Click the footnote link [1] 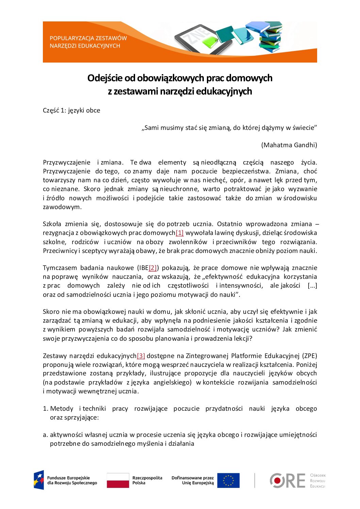[179, 233]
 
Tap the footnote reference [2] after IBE [153, 268]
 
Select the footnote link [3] [141, 356]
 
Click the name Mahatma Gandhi [289, 145]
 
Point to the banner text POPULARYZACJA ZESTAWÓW [88, 38]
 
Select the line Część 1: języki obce [71, 111]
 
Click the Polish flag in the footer [118, 480]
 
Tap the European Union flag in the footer [228, 480]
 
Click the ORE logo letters [288, 481]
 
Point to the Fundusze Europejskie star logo [39, 480]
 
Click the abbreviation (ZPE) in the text [309, 356]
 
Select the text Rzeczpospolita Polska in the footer [147, 480]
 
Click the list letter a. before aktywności [45, 435]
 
